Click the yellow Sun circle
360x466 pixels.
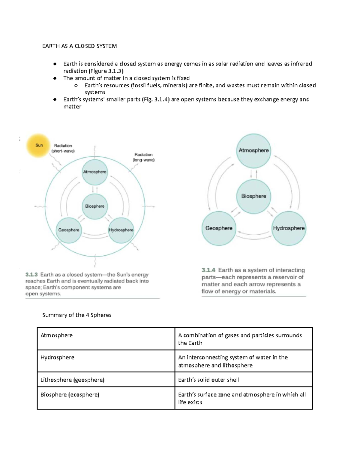pos(38,146)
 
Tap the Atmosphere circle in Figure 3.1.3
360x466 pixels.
pos(94,172)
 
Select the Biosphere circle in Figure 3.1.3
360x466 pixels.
pos(94,206)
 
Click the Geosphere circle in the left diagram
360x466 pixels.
pos(69,230)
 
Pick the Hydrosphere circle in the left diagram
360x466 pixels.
pos(121,230)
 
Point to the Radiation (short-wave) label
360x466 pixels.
pos(63,148)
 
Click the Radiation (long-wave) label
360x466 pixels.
pos(143,157)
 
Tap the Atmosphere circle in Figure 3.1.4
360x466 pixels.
pos(253,150)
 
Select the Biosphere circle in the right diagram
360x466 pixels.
pos(253,196)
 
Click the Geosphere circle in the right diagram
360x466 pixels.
pos(219,228)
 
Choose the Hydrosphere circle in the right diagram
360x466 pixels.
pos(289,228)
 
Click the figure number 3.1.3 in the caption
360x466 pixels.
pos(31,275)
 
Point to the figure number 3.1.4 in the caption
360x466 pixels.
pos(208,270)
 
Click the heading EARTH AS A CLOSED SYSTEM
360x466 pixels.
pos(79,46)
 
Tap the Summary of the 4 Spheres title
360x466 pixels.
pos(77,315)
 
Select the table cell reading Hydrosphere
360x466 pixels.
pos(106,361)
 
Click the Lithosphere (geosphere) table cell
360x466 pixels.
pos(106,380)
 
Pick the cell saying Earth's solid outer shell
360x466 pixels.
pos(243,380)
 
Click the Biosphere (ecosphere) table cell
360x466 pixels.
pos(106,398)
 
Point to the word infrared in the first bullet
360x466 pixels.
pos(301,64)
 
